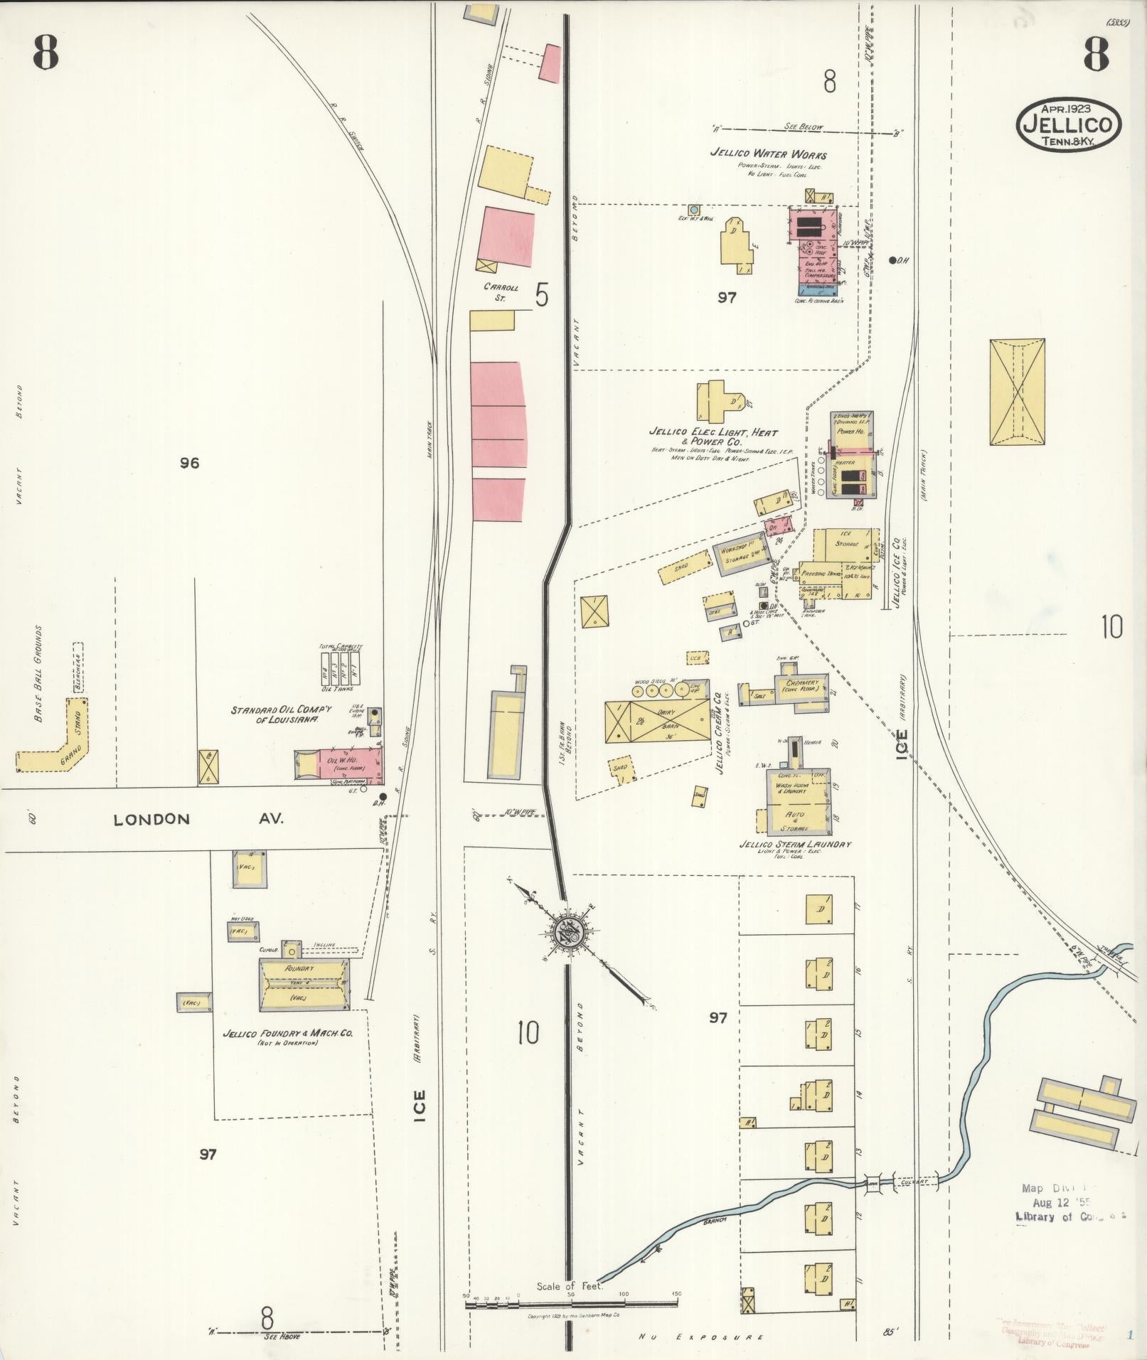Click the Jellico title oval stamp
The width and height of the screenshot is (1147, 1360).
pos(1068,124)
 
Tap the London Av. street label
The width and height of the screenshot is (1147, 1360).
pos(198,819)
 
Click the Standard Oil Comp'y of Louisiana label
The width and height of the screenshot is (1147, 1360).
pos(274,714)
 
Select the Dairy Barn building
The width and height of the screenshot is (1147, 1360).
pos(657,722)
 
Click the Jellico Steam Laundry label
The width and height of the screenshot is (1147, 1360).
pos(795,844)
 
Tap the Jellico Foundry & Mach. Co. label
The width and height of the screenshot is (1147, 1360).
pos(287,1034)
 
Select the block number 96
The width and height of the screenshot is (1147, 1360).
pos(189,463)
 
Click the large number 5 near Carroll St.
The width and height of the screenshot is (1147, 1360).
pos(542,295)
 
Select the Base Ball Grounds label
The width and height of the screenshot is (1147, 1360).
pos(39,673)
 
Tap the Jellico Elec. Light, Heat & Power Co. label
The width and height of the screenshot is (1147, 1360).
pos(713,436)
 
